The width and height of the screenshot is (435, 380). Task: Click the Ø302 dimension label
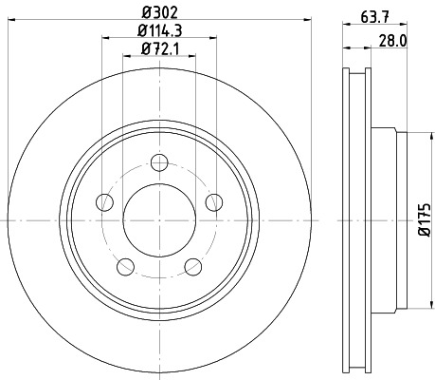(x=158, y=13)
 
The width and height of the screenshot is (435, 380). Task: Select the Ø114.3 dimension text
(x=158, y=31)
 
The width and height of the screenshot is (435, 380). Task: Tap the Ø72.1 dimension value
(x=158, y=48)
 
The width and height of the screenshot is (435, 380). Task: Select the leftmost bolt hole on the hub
(x=104, y=201)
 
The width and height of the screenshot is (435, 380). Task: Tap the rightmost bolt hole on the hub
(x=214, y=201)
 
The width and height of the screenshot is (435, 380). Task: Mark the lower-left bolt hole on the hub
(x=125, y=265)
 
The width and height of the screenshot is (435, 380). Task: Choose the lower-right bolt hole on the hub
(x=193, y=265)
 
